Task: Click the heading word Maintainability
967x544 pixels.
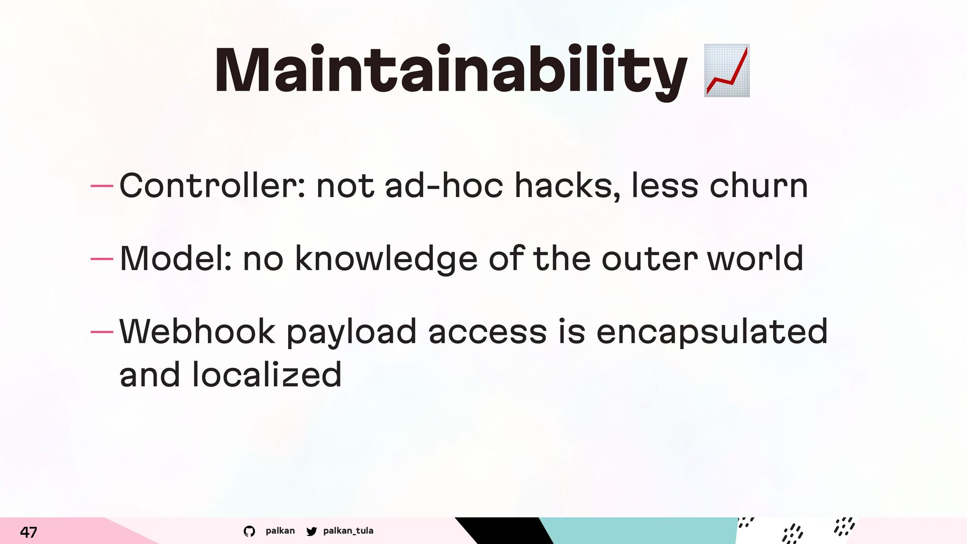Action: pyautogui.click(x=451, y=72)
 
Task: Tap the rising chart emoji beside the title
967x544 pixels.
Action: pyautogui.click(x=727, y=71)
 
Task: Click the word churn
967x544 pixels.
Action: pyautogui.click(x=759, y=185)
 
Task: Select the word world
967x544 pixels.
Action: pyautogui.click(x=755, y=258)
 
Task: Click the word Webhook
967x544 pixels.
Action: pyautogui.click(x=197, y=331)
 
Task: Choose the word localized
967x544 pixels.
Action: pyautogui.click(x=267, y=374)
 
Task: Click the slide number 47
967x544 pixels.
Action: pyautogui.click(x=28, y=532)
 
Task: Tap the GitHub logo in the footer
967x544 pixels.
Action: pyautogui.click(x=249, y=531)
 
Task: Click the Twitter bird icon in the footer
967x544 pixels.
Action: pyautogui.click(x=312, y=531)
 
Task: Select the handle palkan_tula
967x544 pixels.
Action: pyautogui.click(x=349, y=530)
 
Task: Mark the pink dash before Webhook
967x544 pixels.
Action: pyautogui.click(x=102, y=332)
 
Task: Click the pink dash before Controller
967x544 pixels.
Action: pyautogui.click(x=102, y=186)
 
